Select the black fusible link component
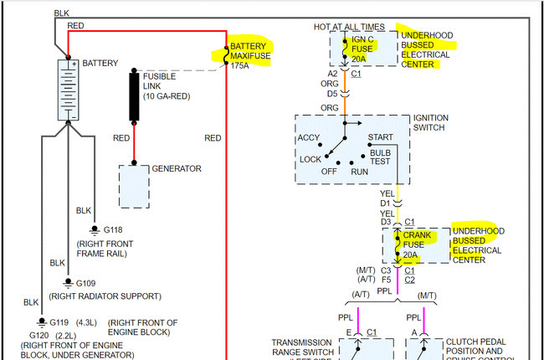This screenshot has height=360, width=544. [x=134, y=96]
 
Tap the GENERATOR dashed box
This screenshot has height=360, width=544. [x=133, y=186]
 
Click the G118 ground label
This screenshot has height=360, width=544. [x=111, y=229]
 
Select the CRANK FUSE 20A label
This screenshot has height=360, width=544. [x=417, y=244]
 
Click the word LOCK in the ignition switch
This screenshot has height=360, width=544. [x=310, y=159]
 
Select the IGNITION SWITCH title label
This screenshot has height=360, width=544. [x=443, y=123]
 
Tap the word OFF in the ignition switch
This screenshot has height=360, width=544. [x=330, y=171]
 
